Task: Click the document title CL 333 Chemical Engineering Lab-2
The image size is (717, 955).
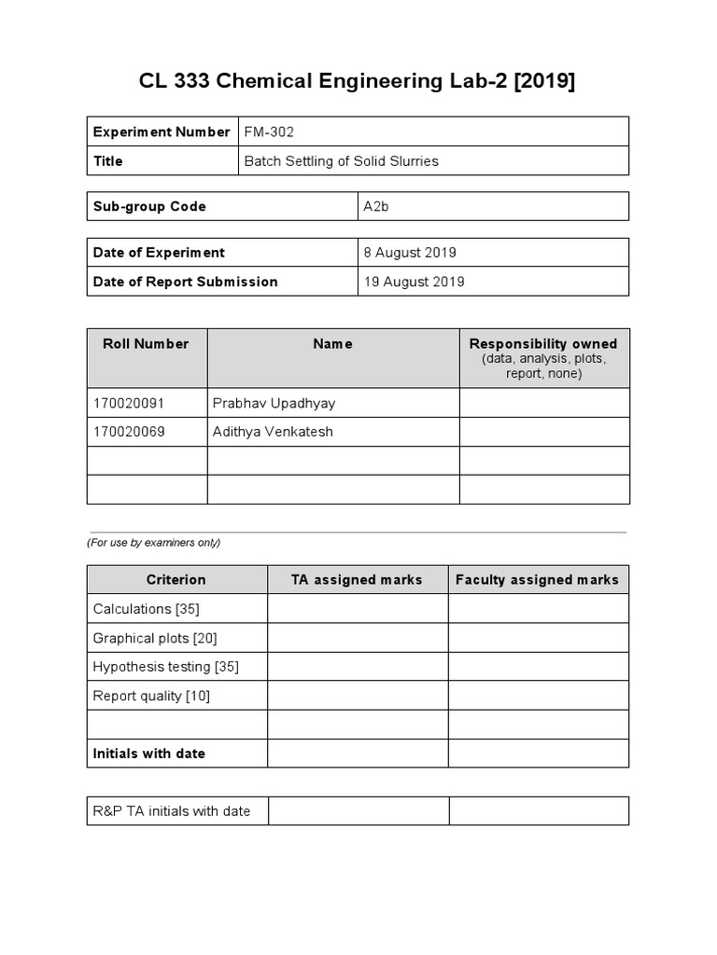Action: point(358,82)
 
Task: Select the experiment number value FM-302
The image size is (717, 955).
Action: point(269,131)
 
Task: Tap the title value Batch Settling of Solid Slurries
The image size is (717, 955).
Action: point(341,160)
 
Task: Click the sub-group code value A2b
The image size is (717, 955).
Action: point(376,206)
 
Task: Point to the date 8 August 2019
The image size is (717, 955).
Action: point(410,252)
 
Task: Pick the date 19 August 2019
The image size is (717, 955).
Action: point(414,282)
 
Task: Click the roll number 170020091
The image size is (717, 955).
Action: point(129,403)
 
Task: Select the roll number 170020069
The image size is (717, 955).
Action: point(129,432)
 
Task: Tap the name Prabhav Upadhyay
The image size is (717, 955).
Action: point(274,403)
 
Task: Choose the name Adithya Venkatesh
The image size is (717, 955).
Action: point(273,432)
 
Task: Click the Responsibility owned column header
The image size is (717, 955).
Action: point(543,344)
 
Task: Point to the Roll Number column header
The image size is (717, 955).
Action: point(146,343)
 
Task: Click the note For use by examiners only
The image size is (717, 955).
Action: point(154,542)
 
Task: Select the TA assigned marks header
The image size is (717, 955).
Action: point(357,579)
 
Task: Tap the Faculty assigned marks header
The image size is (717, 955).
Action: point(537,579)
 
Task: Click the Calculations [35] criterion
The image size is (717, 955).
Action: point(147,608)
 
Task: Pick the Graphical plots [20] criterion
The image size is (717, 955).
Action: point(155,638)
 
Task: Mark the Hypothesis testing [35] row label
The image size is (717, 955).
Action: point(166,667)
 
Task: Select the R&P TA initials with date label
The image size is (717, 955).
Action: point(172,810)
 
